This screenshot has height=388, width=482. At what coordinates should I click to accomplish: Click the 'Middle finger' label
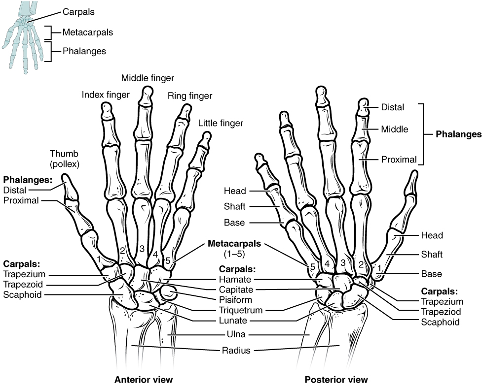148,78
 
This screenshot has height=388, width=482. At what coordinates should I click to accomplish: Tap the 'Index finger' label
106,94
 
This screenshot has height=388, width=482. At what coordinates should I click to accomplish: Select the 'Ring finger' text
190,96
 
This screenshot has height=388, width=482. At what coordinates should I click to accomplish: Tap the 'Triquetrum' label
240,310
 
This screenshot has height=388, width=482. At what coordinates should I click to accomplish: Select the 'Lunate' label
234,321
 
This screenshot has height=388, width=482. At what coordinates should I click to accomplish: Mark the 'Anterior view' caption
144,380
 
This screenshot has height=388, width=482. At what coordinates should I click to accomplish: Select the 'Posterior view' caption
335,380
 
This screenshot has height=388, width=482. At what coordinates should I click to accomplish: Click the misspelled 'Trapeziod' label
440,312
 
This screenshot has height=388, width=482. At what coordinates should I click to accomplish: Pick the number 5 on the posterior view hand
312,267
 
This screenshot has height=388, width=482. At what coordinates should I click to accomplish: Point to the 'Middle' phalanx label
394,129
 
